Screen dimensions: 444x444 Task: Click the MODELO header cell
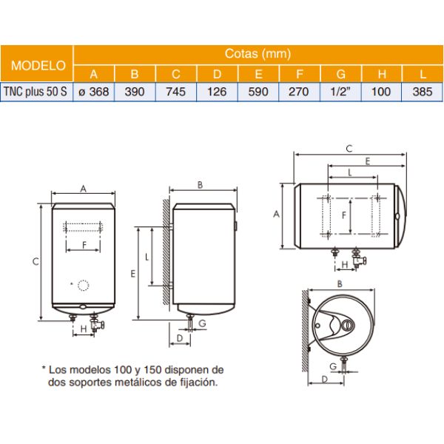(x=37, y=64)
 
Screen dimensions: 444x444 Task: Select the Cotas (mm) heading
(x=258, y=53)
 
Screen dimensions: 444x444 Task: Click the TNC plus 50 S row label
(x=37, y=92)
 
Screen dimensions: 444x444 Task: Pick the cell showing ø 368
(x=93, y=92)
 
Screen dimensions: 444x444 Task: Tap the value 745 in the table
(x=176, y=92)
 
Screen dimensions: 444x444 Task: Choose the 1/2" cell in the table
(x=341, y=92)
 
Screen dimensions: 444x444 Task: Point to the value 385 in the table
(x=423, y=92)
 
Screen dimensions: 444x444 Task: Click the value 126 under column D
(x=218, y=92)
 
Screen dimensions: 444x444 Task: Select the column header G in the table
(x=341, y=73)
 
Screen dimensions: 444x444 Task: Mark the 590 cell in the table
(x=258, y=92)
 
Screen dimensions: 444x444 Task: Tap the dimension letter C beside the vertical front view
(x=35, y=260)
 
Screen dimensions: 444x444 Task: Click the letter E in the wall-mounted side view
(x=133, y=274)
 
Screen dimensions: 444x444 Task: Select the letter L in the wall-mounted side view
(x=147, y=257)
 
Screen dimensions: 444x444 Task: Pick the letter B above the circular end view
(x=338, y=283)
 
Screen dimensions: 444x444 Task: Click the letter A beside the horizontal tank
(x=276, y=214)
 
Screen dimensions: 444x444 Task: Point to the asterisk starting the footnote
(x=44, y=368)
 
